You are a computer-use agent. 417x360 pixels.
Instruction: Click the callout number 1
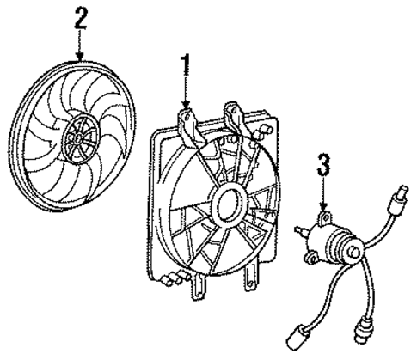pos(186,66)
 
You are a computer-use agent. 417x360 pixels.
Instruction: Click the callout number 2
pos(80,18)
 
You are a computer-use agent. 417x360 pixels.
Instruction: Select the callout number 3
pos(323,164)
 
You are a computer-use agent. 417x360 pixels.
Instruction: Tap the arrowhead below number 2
pos(80,56)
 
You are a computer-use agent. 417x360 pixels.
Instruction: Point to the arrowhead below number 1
pos(186,104)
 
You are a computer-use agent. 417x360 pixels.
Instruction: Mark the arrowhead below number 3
pos(324,206)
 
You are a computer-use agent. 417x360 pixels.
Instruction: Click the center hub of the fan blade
pos(79,139)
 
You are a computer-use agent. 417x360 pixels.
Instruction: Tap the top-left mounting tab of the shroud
pos(187,126)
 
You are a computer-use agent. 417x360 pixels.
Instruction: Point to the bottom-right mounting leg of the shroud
pos(251,278)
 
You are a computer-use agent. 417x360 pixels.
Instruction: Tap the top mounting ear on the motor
pos(325,218)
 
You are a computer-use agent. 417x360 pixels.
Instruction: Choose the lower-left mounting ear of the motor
pos(311,258)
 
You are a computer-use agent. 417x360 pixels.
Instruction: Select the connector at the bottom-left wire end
pos(297,336)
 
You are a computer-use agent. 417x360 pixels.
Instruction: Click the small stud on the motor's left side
pos(300,230)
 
